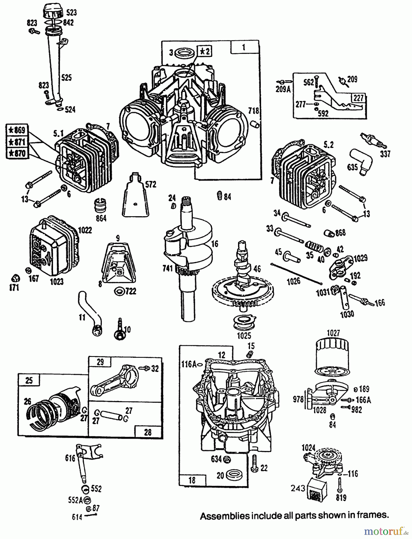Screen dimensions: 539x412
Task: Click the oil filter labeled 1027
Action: tap(331, 355)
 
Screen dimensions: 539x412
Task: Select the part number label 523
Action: tap(72, 13)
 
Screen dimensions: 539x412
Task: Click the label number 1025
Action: tap(244, 336)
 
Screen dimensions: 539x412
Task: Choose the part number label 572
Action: tap(150, 184)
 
